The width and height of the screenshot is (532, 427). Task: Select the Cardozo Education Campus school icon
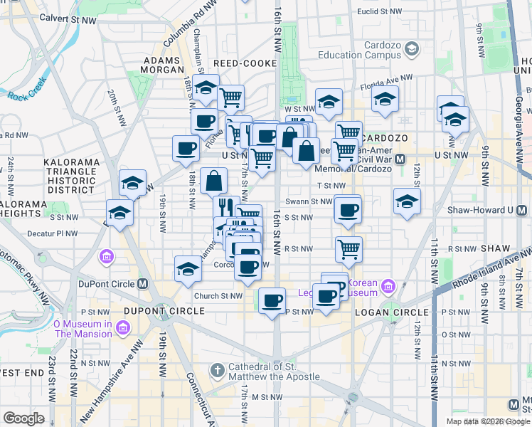(x=411, y=49)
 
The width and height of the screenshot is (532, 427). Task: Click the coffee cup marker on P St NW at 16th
(x=272, y=300)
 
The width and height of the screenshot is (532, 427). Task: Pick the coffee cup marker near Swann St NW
(x=348, y=210)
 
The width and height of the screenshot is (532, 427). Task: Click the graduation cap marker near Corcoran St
(x=188, y=268)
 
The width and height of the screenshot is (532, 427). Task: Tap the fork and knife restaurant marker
(x=226, y=207)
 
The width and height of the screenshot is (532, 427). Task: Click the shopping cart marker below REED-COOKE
(x=230, y=97)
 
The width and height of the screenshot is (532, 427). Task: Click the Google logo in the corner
(x=23, y=418)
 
